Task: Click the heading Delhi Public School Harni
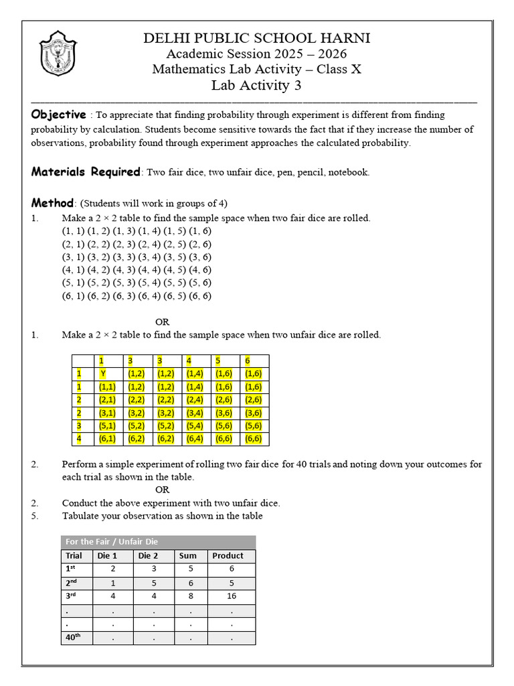(x=256, y=38)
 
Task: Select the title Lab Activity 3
(x=256, y=85)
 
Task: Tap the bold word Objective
(x=58, y=115)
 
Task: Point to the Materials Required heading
(x=86, y=171)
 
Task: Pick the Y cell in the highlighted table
(x=103, y=374)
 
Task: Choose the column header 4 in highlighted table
(x=189, y=361)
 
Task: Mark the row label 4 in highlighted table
(x=79, y=439)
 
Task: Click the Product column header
(x=228, y=555)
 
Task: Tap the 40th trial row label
(x=73, y=637)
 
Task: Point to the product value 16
(x=231, y=596)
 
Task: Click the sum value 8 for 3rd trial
(x=191, y=596)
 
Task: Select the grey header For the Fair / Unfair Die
(x=111, y=541)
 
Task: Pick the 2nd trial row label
(x=72, y=583)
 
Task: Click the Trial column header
(x=74, y=555)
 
